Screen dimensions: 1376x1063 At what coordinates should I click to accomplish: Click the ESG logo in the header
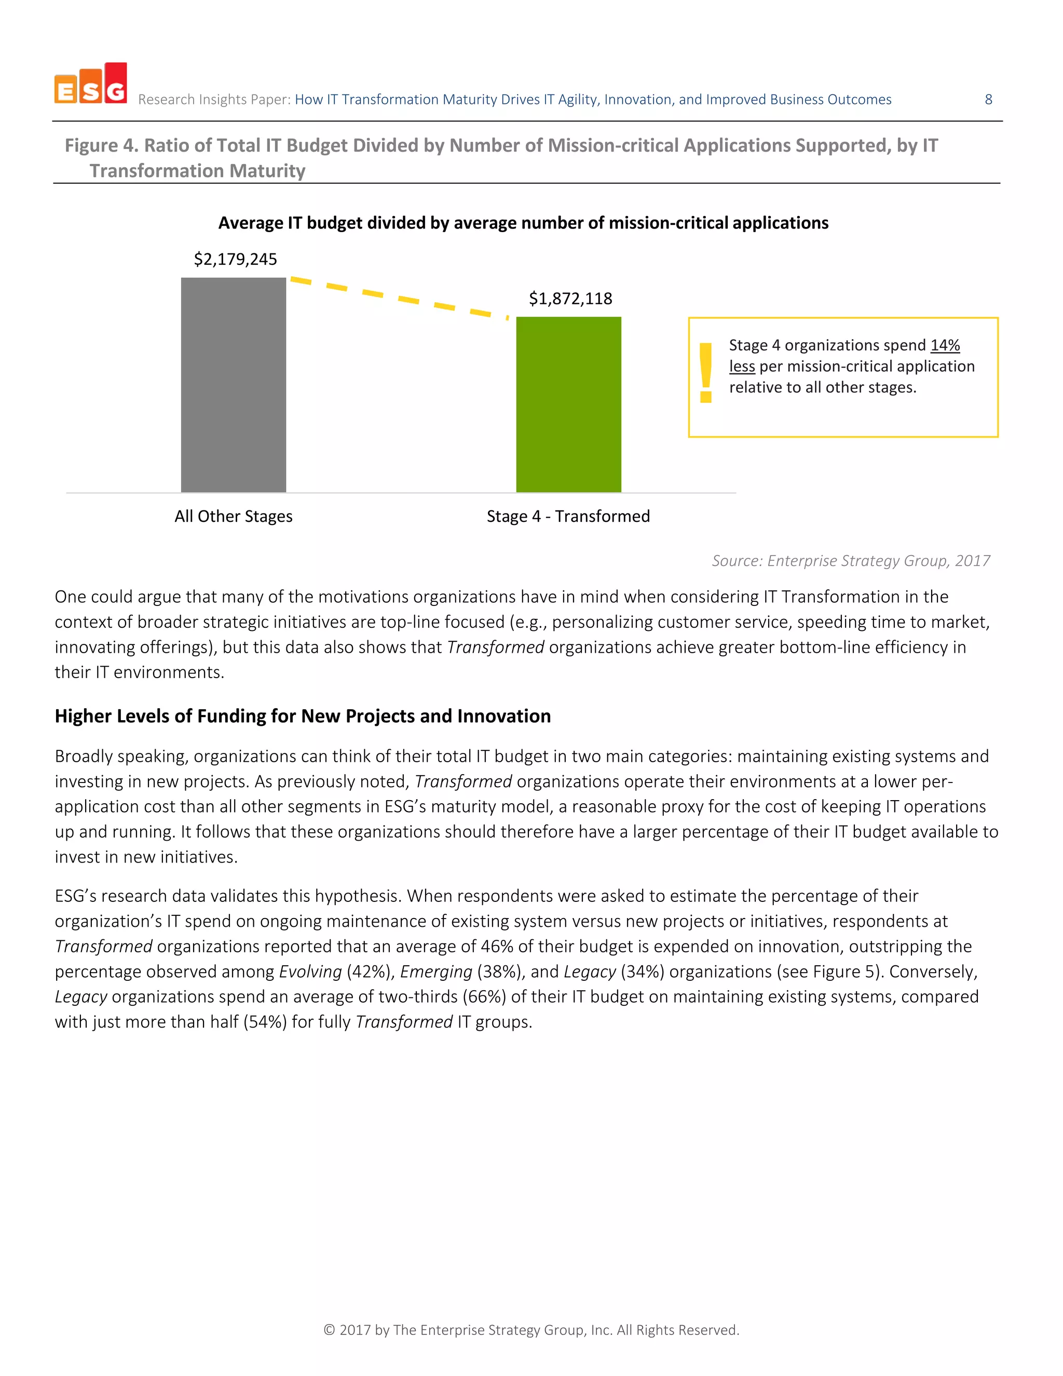(x=91, y=84)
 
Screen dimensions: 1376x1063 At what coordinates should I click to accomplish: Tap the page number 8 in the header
(x=988, y=100)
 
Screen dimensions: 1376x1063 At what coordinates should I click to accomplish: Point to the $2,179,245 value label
(x=235, y=259)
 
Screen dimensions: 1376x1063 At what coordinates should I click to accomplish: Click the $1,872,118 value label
(x=570, y=299)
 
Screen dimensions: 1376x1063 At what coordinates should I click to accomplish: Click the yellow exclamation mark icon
(x=705, y=372)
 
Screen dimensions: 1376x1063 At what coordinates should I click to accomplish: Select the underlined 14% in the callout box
(x=945, y=345)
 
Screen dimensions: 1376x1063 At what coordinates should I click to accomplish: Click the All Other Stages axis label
(x=233, y=516)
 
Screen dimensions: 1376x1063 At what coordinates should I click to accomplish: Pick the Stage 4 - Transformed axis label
(x=568, y=516)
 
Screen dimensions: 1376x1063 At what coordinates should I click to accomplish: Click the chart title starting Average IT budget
(x=523, y=223)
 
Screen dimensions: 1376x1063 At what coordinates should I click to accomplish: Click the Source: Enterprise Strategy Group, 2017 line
(x=850, y=561)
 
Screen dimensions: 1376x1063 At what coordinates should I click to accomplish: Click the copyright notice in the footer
(x=531, y=1329)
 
